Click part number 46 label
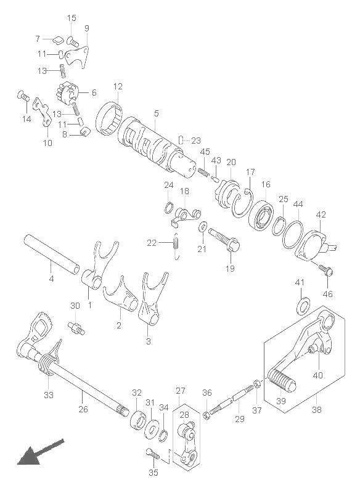click(x=327, y=294)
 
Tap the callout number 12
click(x=118, y=86)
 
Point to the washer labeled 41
click(x=303, y=305)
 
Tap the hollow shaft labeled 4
click(x=52, y=250)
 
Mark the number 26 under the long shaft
click(x=83, y=409)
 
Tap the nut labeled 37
click(x=256, y=383)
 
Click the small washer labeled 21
click(x=203, y=226)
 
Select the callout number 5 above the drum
click(x=156, y=113)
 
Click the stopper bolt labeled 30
click(x=76, y=328)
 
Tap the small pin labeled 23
click(x=181, y=140)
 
